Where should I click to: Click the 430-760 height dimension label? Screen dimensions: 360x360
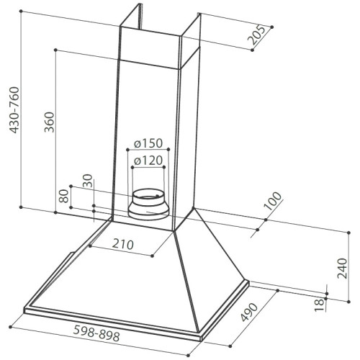(14, 110)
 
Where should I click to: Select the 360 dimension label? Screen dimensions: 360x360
(49, 122)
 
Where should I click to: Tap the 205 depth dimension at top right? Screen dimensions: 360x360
(257, 35)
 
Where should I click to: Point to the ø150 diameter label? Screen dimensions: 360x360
(148, 143)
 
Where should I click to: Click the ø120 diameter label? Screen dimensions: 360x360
(148, 161)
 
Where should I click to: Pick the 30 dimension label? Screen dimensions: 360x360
(87, 181)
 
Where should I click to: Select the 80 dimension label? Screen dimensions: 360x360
(64, 196)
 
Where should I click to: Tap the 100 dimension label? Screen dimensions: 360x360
(272, 201)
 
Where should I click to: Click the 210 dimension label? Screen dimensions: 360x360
(123, 244)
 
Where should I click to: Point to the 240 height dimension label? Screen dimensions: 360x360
(342, 269)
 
